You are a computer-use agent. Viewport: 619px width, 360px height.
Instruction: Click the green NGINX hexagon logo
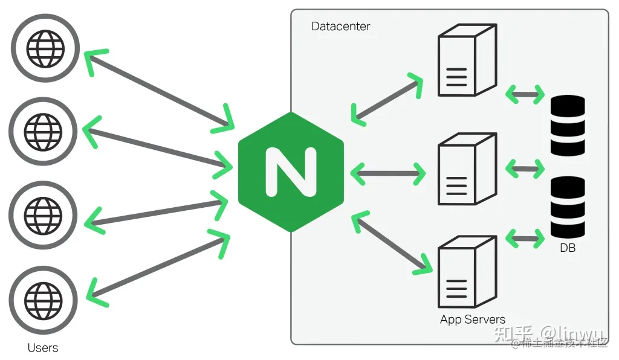point(291,172)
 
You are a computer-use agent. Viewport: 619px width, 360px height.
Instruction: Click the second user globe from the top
point(43,131)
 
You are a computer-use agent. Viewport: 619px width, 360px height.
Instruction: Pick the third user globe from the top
point(43,214)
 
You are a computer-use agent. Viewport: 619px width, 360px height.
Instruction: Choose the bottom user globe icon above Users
point(43,298)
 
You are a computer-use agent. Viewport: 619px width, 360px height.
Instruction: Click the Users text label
point(43,348)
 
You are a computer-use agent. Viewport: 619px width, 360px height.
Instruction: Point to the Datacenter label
point(340,27)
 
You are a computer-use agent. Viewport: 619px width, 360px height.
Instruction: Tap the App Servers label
point(472,320)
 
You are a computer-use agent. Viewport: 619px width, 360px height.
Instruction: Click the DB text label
point(567,248)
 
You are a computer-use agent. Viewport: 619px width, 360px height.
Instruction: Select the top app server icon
point(466,60)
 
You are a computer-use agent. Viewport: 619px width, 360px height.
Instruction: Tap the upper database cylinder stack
point(568,126)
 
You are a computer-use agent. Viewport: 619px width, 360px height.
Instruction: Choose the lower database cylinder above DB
point(568,207)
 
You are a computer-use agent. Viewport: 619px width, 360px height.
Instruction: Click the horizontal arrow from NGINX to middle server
point(387,174)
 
